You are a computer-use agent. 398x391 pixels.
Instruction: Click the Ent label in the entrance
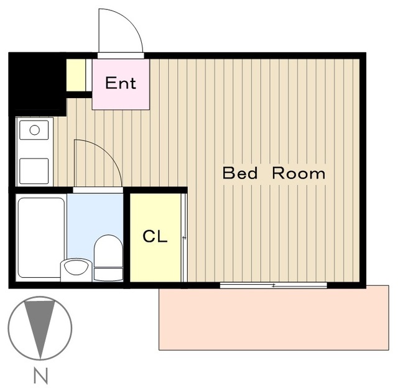tap(121, 83)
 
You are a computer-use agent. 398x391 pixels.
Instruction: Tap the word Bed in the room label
tap(240, 173)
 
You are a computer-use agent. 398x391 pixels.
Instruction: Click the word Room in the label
tap(298, 173)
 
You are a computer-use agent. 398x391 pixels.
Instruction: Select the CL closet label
tap(155, 236)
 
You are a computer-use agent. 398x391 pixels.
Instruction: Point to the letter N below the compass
tap(40, 375)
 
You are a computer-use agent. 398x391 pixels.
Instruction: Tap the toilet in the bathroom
tap(108, 257)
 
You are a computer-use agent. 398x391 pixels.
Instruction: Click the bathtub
tap(41, 237)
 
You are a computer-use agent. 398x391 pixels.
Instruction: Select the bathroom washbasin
tap(76, 269)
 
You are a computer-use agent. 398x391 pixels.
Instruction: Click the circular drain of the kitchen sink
tap(35, 130)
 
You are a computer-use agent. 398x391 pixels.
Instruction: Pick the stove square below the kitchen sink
tap(34, 171)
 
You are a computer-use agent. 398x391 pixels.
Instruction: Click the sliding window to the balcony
tap(274, 285)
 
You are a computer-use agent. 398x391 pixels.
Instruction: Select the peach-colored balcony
tap(274, 318)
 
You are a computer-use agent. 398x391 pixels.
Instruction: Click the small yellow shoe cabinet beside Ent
tap(76, 75)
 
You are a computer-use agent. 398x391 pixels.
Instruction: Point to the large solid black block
tap(37, 84)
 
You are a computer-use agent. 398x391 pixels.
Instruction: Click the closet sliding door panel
tap(185, 237)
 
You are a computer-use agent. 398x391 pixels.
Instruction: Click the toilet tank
tap(108, 274)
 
